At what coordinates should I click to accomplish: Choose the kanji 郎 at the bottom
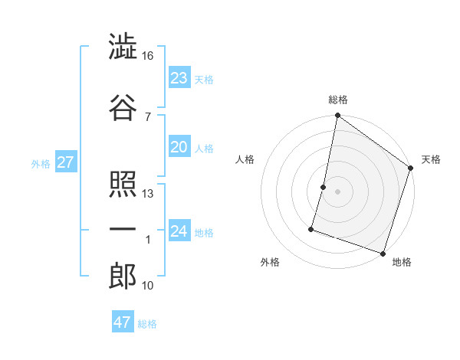(x=123, y=276)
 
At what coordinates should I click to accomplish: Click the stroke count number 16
(x=148, y=56)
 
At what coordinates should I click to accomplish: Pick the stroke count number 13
(x=148, y=194)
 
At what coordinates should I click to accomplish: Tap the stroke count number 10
(x=149, y=286)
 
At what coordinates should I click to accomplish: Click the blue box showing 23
(x=179, y=77)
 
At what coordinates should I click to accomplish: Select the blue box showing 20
(x=179, y=147)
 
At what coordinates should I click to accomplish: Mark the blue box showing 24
(x=179, y=231)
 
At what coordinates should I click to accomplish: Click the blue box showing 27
(x=65, y=162)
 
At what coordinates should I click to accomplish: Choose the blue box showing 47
(x=123, y=322)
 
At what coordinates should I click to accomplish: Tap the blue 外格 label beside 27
(x=41, y=163)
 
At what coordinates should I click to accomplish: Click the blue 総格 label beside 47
(x=147, y=324)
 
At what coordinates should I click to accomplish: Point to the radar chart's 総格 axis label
(x=338, y=100)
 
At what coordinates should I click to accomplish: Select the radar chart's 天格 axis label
(x=431, y=159)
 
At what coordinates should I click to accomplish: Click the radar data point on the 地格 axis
(x=382, y=253)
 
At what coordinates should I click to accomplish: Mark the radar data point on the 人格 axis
(x=324, y=187)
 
